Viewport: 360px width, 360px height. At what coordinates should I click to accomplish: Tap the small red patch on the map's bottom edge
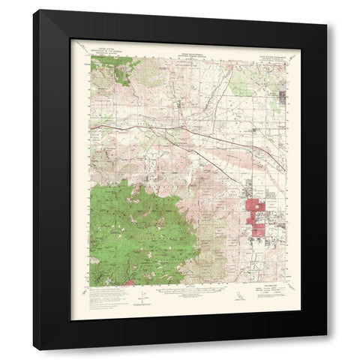point(128,283)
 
